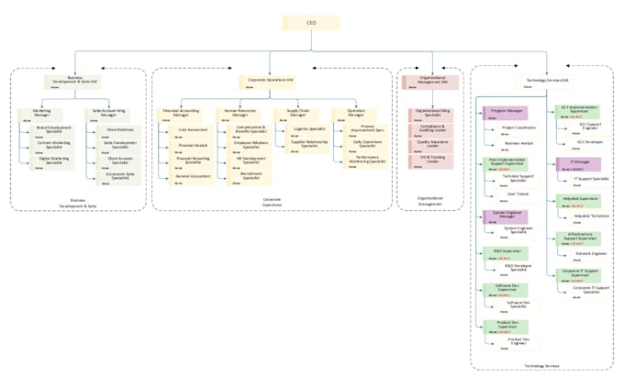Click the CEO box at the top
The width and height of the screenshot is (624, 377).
(x=310, y=24)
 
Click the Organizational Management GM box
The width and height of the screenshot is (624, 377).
(x=431, y=83)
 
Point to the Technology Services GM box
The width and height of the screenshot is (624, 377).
(x=549, y=83)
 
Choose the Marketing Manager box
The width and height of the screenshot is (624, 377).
(x=42, y=114)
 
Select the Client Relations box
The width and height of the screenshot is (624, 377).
(x=119, y=131)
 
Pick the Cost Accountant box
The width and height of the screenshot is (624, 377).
(x=193, y=131)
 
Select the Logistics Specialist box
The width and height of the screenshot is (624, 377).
(x=309, y=130)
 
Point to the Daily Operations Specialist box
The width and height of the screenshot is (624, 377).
(x=367, y=145)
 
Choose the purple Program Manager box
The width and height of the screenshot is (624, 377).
(x=507, y=112)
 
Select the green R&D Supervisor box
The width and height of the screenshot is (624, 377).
(x=507, y=252)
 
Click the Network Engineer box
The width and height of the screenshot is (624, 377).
(x=590, y=253)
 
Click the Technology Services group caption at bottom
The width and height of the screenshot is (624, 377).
(x=540, y=366)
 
